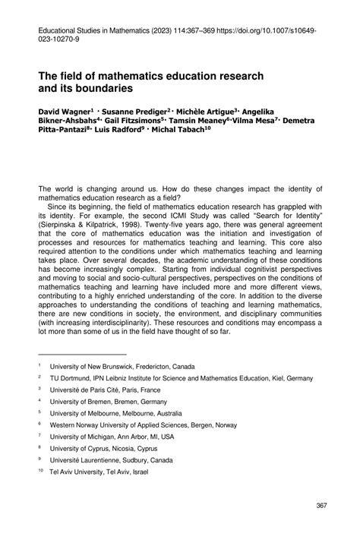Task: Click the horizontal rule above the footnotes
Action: pos(82,352)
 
